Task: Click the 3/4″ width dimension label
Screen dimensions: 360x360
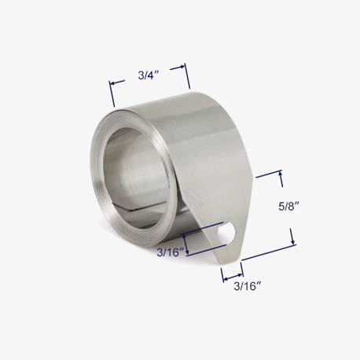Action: click(x=149, y=75)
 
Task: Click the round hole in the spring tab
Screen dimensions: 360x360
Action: click(x=230, y=233)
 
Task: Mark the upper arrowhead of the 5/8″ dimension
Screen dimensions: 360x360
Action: click(x=279, y=174)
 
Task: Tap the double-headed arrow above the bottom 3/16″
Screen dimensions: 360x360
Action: click(x=232, y=274)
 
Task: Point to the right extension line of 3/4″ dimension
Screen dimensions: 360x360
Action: click(x=188, y=76)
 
